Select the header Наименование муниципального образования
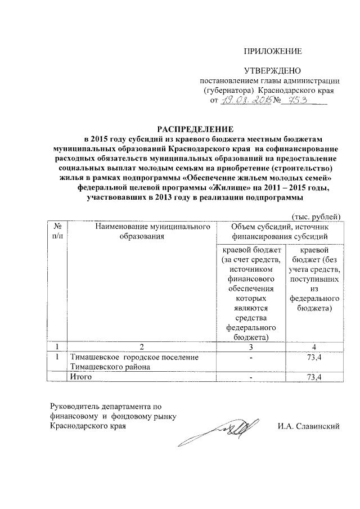point(140,231)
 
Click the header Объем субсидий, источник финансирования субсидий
point(278,231)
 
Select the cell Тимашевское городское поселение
point(133,361)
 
